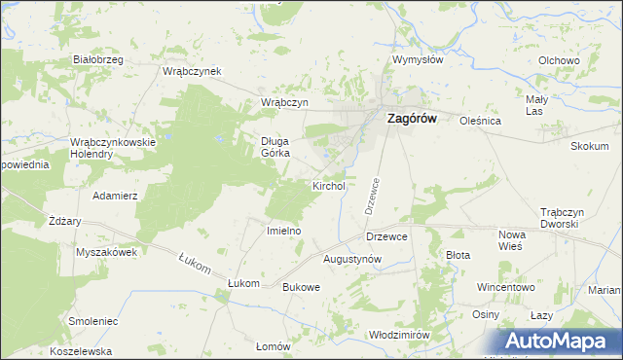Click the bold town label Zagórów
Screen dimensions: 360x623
[x=413, y=119]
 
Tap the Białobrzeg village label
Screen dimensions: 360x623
[x=98, y=60]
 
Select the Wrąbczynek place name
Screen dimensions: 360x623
[x=193, y=71]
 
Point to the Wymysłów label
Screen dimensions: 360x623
[x=418, y=59]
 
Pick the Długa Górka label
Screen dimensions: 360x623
[x=275, y=146]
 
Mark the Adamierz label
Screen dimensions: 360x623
[x=115, y=196]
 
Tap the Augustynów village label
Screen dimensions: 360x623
[x=351, y=259]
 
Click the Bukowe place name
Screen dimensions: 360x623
[x=301, y=287]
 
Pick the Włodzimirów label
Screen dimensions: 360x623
[x=400, y=334]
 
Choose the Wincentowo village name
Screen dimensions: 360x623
[x=506, y=287]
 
